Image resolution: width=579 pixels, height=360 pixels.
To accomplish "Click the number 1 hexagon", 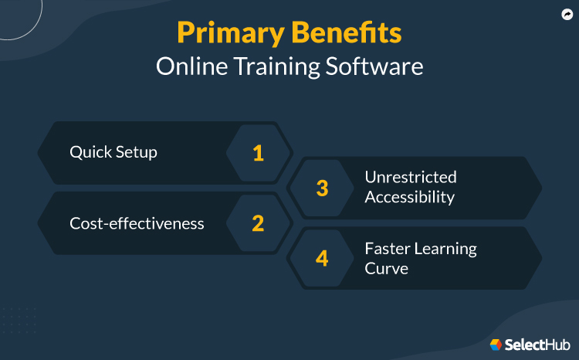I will pyautogui.click(x=258, y=153).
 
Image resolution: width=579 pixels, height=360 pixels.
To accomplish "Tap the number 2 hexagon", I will pyautogui.click(x=258, y=223).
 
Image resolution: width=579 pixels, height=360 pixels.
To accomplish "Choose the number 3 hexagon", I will pyautogui.click(x=322, y=188).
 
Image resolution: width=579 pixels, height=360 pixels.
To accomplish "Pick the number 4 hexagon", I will pyautogui.click(x=322, y=258).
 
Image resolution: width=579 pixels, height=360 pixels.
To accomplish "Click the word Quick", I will pyautogui.click(x=90, y=152).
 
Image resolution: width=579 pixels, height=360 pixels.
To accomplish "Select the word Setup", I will pyautogui.click(x=136, y=152).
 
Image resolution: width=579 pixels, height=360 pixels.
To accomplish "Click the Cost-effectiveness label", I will pyautogui.click(x=137, y=223).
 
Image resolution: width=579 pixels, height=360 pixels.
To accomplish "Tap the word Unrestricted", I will pyautogui.click(x=411, y=178).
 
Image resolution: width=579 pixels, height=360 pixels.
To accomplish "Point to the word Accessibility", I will pyautogui.click(x=409, y=197).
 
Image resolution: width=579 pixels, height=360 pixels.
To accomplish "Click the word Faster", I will pyautogui.click(x=388, y=249).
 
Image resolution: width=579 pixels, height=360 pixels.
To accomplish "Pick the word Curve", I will pyautogui.click(x=386, y=268).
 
